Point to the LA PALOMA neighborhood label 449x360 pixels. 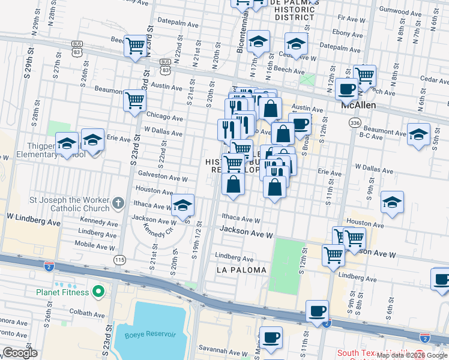pyautogui.click(x=241, y=270)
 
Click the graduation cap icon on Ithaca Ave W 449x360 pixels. pyautogui.click(x=183, y=205)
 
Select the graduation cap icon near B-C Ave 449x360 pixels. pyautogui.click(x=418, y=134)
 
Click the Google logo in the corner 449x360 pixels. pyautogui.click(x=20, y=353)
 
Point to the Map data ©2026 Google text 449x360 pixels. pyautogui.click(x=411, y=355)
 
